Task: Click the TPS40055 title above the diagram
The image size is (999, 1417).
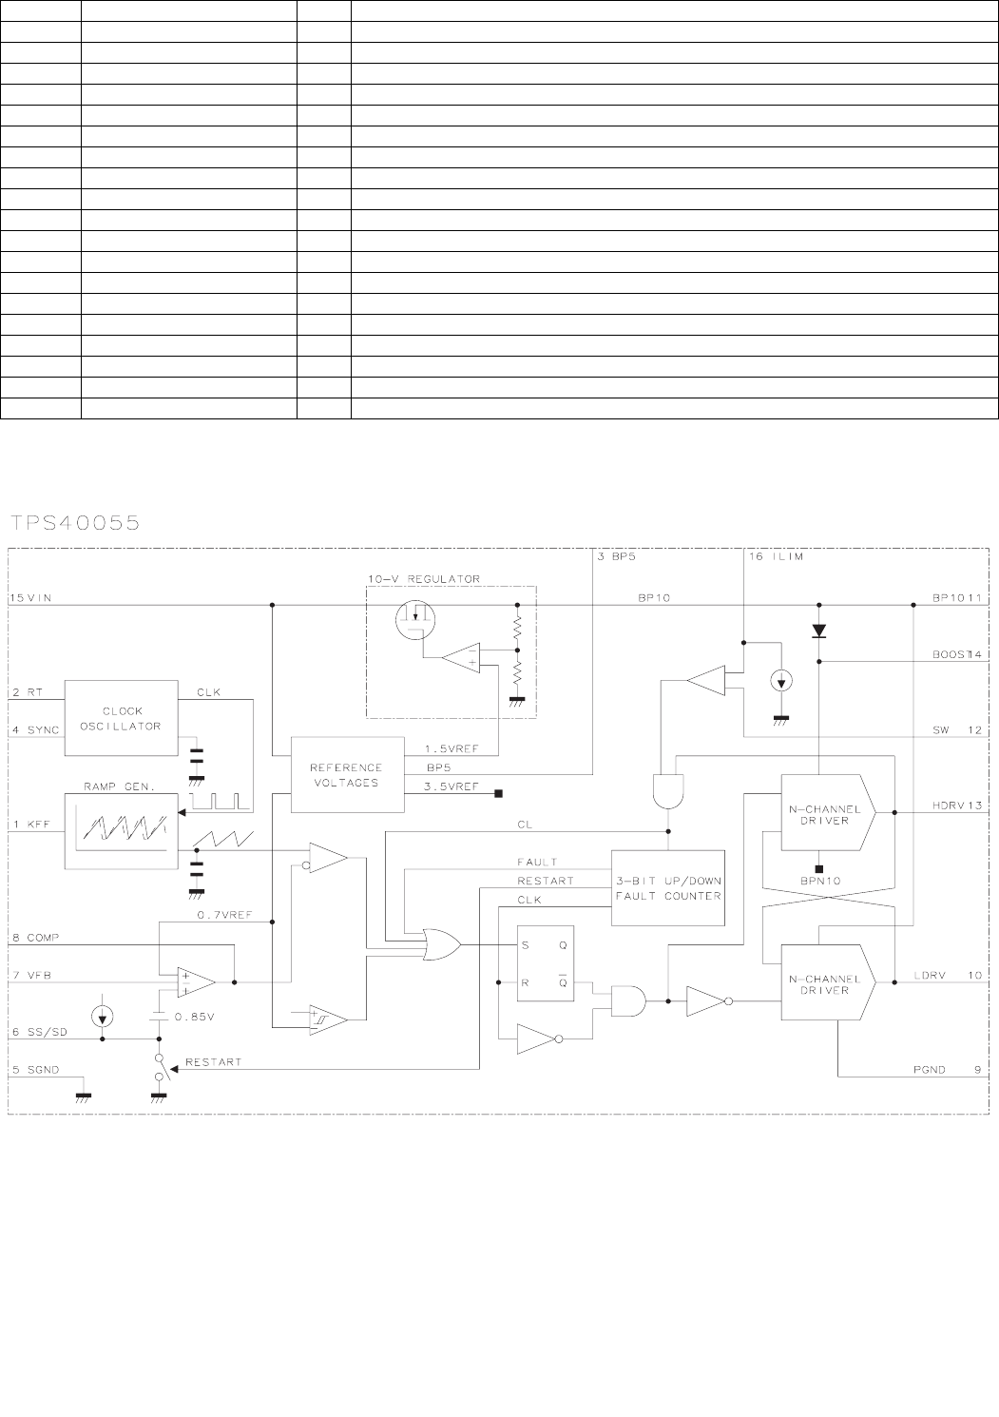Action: tap(76, 522)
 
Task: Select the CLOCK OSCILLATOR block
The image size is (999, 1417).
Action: tap(121, 718)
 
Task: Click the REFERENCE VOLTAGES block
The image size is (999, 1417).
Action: tap(347, 774)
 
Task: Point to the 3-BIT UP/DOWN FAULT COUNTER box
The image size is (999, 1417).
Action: tap(667, 888)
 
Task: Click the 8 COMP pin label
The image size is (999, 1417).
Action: tap(35, 938)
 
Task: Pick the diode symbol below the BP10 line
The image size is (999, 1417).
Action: tap(818, 630)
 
